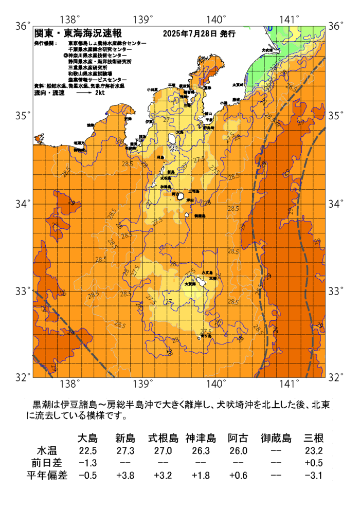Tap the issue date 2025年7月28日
(190, 34)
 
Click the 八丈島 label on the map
(207, 272)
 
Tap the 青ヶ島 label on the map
(206, 335)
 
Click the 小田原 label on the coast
(152, 89)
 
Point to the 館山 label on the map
(208, 113)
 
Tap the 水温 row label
(50, 450)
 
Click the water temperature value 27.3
(125, 450)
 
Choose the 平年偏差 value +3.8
(125, 475)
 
